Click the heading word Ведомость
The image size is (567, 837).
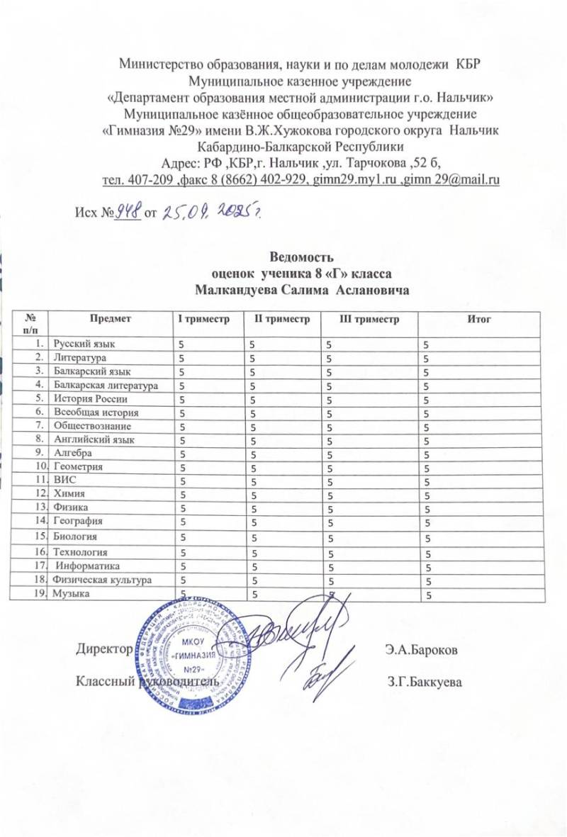pyautogui.click(x=298, y=257)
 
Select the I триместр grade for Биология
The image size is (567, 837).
pyautogui.click(x=183, y=537)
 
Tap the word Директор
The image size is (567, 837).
pyautogui.click(x=103, y=648)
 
